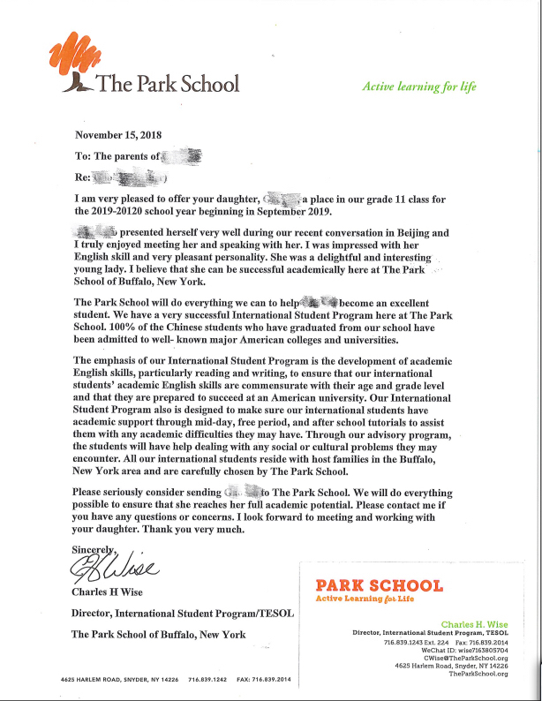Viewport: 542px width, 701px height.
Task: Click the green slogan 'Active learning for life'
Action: (418, 87)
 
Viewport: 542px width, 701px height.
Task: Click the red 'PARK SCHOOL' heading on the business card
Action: (378, 585)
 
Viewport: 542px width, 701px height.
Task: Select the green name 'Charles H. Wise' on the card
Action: (475, 622)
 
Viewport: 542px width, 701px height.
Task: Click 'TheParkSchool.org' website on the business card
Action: (478, 674)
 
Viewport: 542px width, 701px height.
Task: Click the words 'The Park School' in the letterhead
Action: (167, 84)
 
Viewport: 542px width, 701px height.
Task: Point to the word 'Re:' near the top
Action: (83, 177)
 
